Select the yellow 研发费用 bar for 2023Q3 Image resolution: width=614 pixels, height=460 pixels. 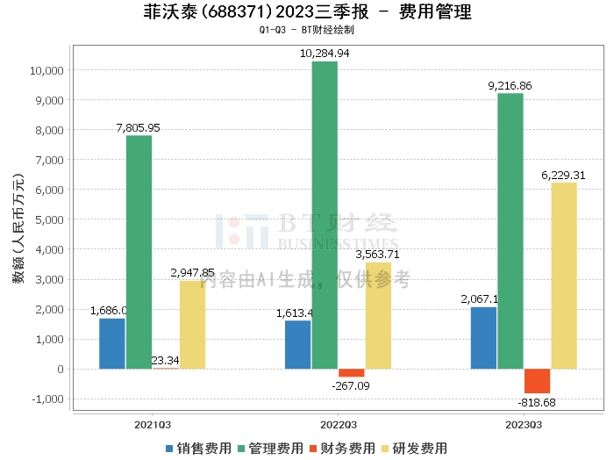(564, 276)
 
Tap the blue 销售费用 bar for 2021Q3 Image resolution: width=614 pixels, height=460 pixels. (112, 343)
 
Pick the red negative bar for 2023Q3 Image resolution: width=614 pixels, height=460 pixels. (538, 381)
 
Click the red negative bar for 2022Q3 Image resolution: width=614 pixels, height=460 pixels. (351, 372)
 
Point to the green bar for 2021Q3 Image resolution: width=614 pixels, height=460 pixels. (139, 252)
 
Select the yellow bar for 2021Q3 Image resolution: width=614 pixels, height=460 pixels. (192, 325)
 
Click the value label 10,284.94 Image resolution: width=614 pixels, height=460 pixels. (325, 54)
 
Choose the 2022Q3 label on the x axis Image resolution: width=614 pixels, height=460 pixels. (338, 423)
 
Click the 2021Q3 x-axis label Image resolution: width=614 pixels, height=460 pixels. (152, 423)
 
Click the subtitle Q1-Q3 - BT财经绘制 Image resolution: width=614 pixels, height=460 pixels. (307, 30)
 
